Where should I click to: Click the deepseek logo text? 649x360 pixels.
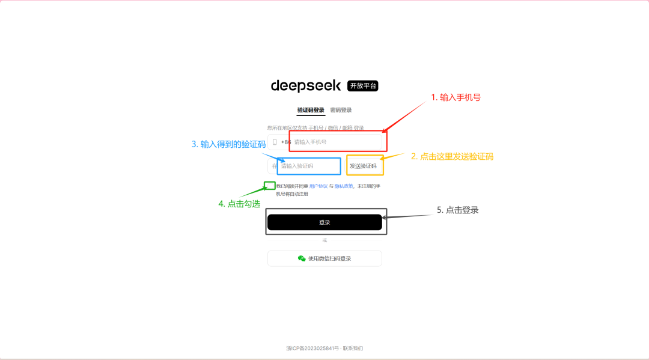pos(305,86)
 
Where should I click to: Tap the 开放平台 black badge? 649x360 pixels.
pos(363,86)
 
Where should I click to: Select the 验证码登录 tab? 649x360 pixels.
pos(311,111)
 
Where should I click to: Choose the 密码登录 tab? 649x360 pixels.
pos(341,111)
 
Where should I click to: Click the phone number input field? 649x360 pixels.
pos(337,142)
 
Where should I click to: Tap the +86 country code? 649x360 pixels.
pos(285,142)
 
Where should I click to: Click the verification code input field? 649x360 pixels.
pos(308,166)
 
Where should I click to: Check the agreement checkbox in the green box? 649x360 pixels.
pos(270,186)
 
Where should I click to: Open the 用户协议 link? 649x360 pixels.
pos(318,186)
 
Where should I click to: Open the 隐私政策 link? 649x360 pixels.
pos(344,186)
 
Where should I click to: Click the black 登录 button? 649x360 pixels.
pos(324,222)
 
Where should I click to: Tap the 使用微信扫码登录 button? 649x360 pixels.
pos(324,258)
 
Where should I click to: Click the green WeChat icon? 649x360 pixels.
pos(302,258)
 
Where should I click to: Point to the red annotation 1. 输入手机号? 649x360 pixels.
pos(456,97)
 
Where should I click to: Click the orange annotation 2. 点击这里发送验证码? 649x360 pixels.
pos(452,156)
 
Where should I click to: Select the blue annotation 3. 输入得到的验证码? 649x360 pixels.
pos(228,144)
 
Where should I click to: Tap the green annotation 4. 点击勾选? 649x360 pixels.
pos(239,204)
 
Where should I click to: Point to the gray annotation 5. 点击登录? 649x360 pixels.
pos(457,210)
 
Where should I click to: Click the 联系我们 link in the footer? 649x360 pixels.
pos(353,349)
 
